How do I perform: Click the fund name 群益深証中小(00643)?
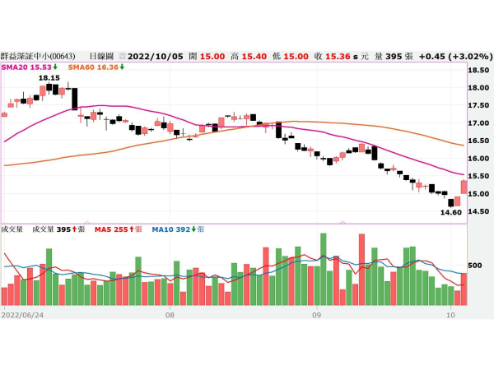39,56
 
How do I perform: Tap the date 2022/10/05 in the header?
156,56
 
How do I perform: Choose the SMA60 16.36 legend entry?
96,67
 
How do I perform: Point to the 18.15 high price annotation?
49,77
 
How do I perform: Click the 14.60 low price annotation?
450,212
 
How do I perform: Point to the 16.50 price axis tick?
478,141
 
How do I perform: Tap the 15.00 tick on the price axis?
478,194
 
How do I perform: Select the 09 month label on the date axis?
316,314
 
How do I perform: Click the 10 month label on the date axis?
450,314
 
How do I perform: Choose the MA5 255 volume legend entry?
119,229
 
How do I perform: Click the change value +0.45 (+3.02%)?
454,56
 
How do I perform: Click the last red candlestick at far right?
464,187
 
